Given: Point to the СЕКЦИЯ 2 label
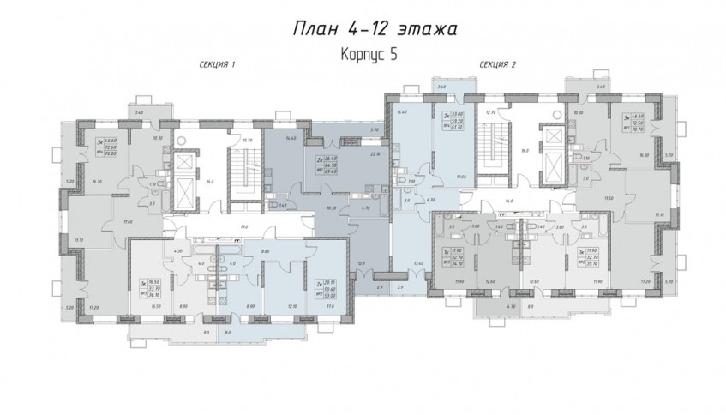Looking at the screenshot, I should (x=496, y=65).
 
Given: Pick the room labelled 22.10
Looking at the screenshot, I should (x=374, y=154).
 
